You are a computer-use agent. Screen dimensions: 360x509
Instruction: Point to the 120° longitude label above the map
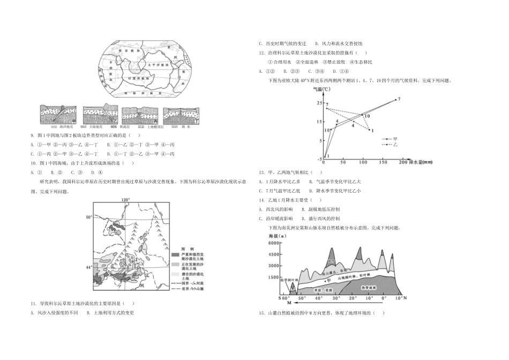tap(125, 199)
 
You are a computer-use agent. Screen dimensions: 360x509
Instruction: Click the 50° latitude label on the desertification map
tap(89, 217)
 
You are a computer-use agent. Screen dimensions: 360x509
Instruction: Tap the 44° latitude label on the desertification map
tap(89, 266)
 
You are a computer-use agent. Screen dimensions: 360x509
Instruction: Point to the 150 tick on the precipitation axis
tap(384, 161)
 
